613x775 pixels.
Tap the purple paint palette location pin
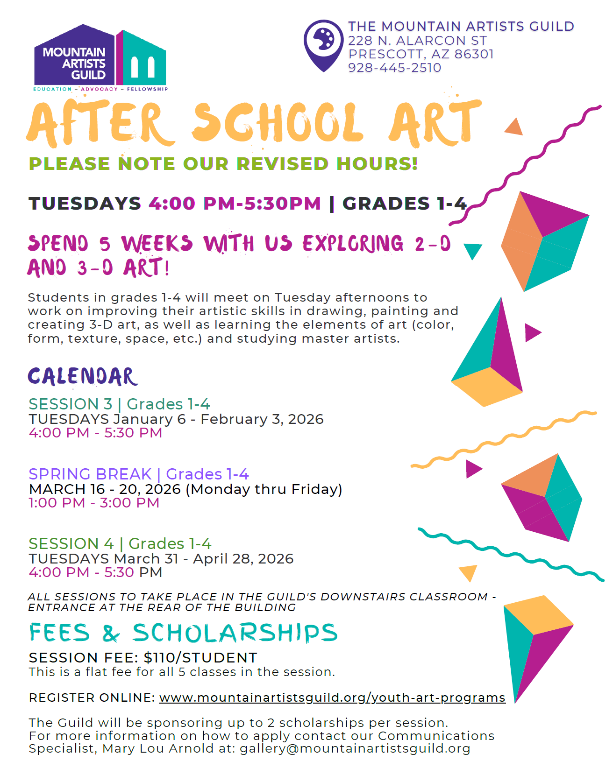323,45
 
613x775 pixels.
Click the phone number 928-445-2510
394,68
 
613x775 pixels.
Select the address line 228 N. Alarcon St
417,41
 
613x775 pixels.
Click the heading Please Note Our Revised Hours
223,164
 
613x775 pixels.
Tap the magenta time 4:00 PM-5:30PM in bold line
235,204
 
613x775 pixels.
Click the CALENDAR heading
83,377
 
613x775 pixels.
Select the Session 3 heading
71,404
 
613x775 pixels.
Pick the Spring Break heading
90,474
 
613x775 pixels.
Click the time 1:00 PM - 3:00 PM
94,503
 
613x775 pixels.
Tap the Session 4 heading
71,543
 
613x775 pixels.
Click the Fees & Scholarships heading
183,633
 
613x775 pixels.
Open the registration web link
332,697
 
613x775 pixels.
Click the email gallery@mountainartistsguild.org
355,748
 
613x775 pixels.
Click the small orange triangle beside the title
514,127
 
